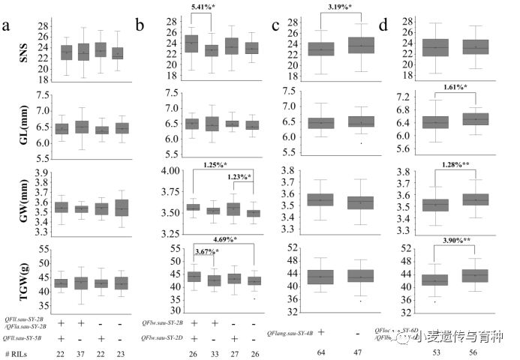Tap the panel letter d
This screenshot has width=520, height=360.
tap(385, 28)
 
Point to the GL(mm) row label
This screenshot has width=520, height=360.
tap(13, 124)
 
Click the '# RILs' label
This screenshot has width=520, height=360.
tap(17, 353)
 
